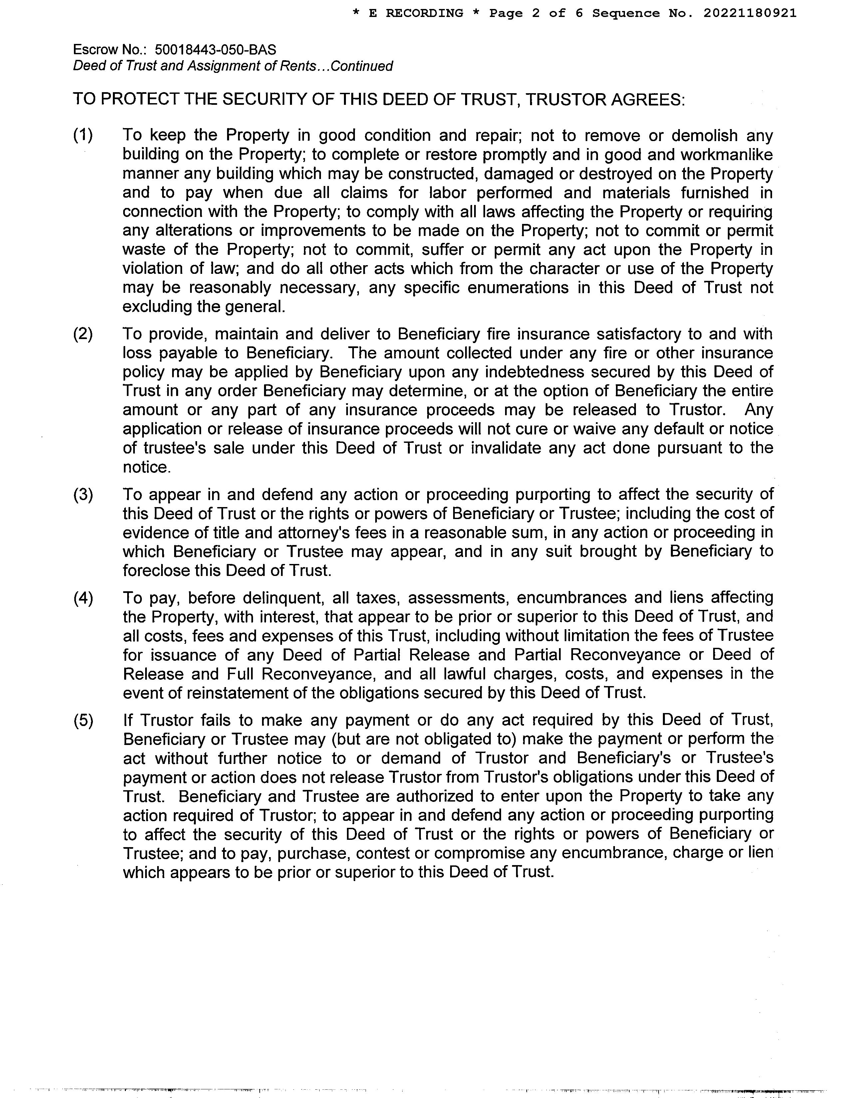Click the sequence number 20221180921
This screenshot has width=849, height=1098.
click(749, 14)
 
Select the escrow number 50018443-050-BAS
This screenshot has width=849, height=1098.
click(215, 50)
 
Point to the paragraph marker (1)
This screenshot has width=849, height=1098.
click(83, 135)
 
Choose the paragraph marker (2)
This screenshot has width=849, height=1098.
click(83, 334)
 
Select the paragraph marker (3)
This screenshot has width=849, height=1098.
click(83, 495)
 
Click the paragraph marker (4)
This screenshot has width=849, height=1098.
click(83, 598)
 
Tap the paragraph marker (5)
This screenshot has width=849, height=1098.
click(83, 720)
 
